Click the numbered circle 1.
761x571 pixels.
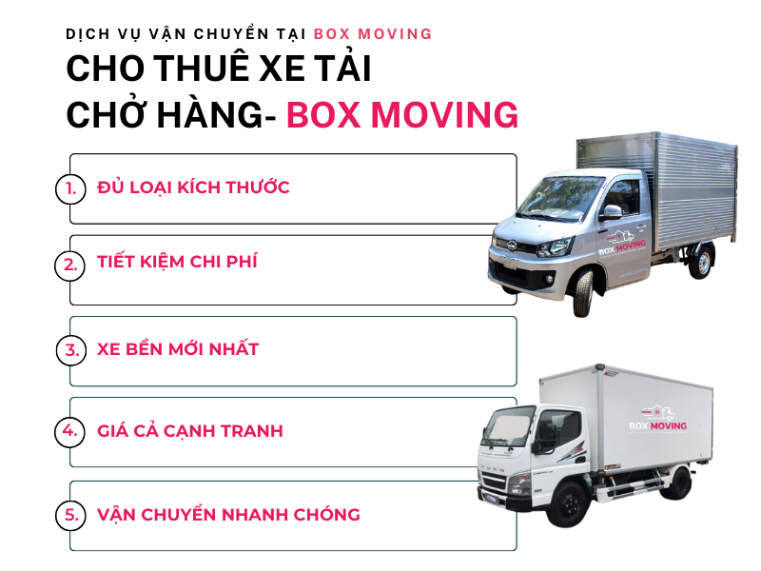tap(70, 188)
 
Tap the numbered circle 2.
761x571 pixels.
tap(69, 266)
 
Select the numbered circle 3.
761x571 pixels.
tap(71, 350)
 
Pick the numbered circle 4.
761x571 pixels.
tap(69, 431)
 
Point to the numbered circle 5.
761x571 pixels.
tap(70, 515)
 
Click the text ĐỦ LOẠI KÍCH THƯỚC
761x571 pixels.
tap(193, 187)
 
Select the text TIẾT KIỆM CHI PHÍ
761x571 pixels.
tap(177, 261)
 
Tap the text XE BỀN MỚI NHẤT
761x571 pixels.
tap(178, 348)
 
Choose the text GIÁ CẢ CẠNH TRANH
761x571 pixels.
tap(189, 431)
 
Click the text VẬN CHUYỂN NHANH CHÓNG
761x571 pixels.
tap(228, 514)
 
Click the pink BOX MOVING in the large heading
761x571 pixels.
tap(402, 115)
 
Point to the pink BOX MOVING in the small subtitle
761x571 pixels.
tap(373, 34)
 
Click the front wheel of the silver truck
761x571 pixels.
tap(584, 293)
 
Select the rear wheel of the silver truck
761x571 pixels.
tap(700, 263)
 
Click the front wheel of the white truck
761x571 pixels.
tap(569, 503)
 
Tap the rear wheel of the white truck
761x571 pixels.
tap(676, 483)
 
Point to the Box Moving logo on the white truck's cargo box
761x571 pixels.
tap(657, 419)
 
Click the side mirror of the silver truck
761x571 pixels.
tap(612, 212)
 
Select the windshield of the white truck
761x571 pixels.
tap(507, 426)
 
